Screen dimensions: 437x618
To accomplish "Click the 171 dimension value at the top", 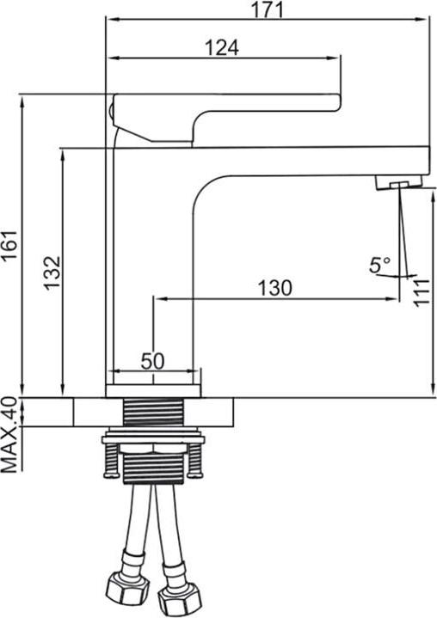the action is point(268,9).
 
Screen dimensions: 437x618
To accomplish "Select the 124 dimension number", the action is point(222,47).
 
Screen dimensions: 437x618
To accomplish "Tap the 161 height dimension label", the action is point(9,244).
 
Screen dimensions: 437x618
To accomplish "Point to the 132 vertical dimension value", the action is point(52,272).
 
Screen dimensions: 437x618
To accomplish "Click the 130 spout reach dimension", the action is point(275,288).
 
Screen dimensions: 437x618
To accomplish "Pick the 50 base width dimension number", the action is point(152,360).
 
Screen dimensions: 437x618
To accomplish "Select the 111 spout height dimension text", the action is point(422,291).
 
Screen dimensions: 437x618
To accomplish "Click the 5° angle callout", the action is point(379,265).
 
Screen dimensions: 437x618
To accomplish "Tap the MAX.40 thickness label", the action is point(9,435).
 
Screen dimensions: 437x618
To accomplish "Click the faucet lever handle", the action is point(227,118).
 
